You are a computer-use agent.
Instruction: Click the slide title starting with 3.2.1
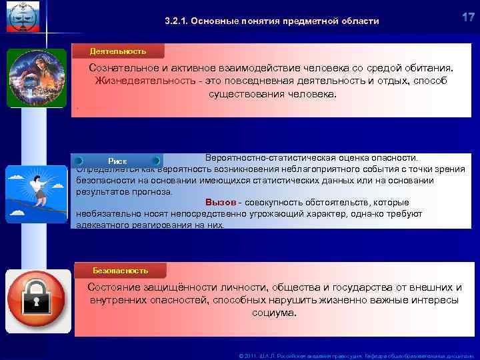click(x=271, y=21)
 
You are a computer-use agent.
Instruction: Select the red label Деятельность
click(x=118, y=51)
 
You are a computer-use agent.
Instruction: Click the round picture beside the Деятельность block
click(x=37, y=77)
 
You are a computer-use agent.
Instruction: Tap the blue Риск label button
click(x=118, y=161)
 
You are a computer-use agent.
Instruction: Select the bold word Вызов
click(x=220, y=202)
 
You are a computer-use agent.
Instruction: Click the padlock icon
click(x=37, y=297)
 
